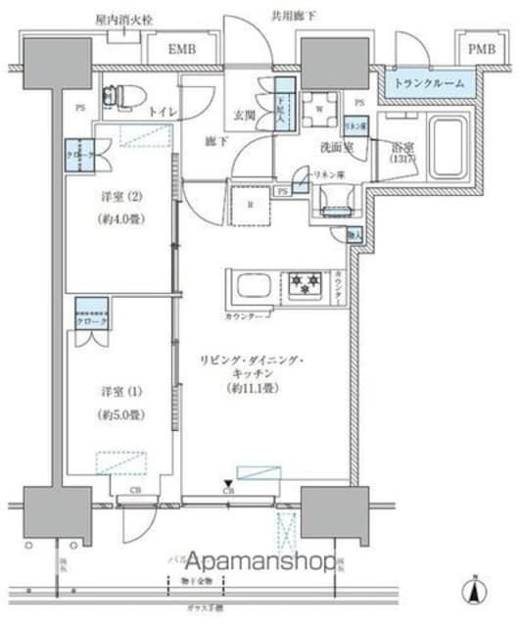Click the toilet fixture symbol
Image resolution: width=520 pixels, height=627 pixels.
coord(120,94)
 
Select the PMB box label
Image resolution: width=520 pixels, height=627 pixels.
coord(480,48)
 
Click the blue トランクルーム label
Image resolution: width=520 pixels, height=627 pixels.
coord(430,84)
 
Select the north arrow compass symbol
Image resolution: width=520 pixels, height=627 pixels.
coord(474,592)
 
